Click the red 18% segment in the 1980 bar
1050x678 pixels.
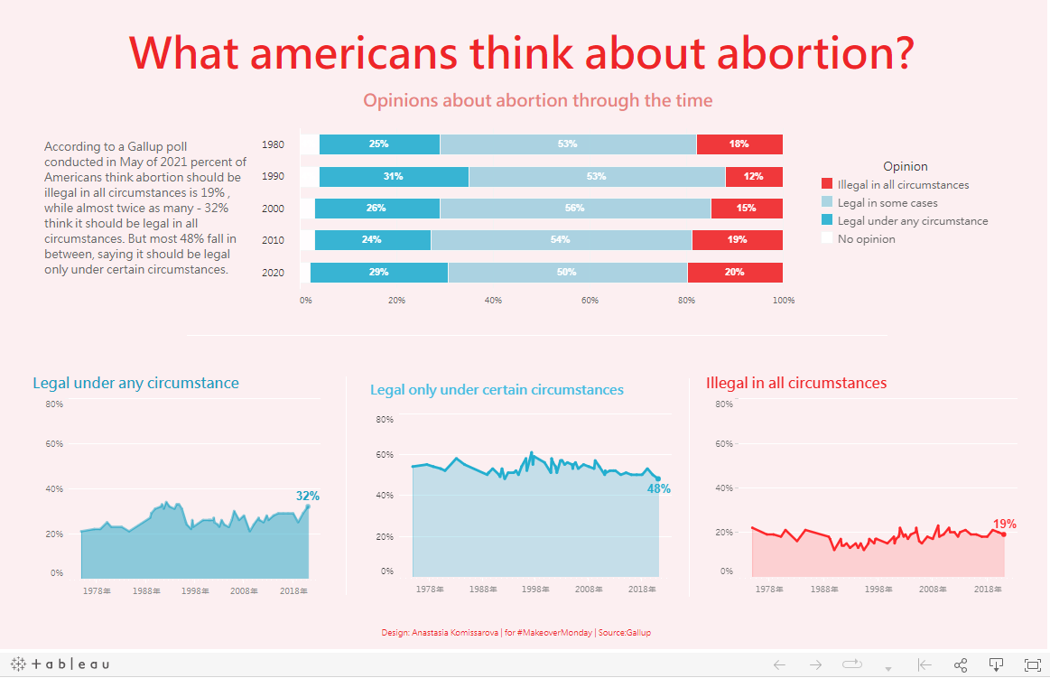(739, 144)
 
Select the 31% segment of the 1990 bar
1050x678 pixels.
(394, 177)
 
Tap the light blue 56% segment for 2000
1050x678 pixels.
(575, 209)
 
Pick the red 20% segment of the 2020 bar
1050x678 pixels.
(734, 273)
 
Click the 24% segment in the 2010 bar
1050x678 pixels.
(372, 241)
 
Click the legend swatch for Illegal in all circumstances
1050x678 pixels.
(826, 185)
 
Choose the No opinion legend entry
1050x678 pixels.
(866, 239)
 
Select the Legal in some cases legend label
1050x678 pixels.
(887, 203)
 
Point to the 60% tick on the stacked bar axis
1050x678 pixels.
(590, 301)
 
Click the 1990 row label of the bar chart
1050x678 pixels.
(273, 177)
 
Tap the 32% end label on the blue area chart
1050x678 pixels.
(308, 496)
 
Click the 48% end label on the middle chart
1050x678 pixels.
(659, 488)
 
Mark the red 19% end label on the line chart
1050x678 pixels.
(1004, 524)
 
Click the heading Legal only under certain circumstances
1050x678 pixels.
(497, 390)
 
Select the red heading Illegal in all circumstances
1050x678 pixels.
(796, 383)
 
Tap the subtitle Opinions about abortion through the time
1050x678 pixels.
(537, 100)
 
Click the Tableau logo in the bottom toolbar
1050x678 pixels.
(61, 664)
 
